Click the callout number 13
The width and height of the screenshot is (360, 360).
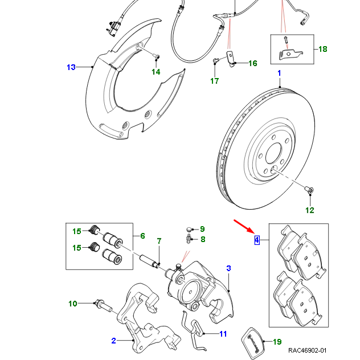tap(71, 67)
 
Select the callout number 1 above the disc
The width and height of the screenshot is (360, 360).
tap(279, 73)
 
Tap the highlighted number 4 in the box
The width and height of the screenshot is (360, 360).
tap(257, 240)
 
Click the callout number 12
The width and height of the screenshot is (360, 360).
tap(309, 210)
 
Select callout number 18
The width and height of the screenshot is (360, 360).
tap(322, 49)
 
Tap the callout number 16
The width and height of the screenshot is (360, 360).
tap(252, 63)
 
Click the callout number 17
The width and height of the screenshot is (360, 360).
tap(214, 81)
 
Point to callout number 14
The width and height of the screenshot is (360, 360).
tap(156, 71)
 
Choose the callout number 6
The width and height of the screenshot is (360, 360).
tap(142, 236)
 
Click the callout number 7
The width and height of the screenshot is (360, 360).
tap(159, 241)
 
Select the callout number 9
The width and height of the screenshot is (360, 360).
tap(202, 228)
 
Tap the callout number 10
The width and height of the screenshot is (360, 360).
tap(72, 304)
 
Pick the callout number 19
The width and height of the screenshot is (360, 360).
tap(277, 342)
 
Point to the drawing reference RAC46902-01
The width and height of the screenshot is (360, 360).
tap(308, 351)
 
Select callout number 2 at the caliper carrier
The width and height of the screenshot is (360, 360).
tap(113, 341)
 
